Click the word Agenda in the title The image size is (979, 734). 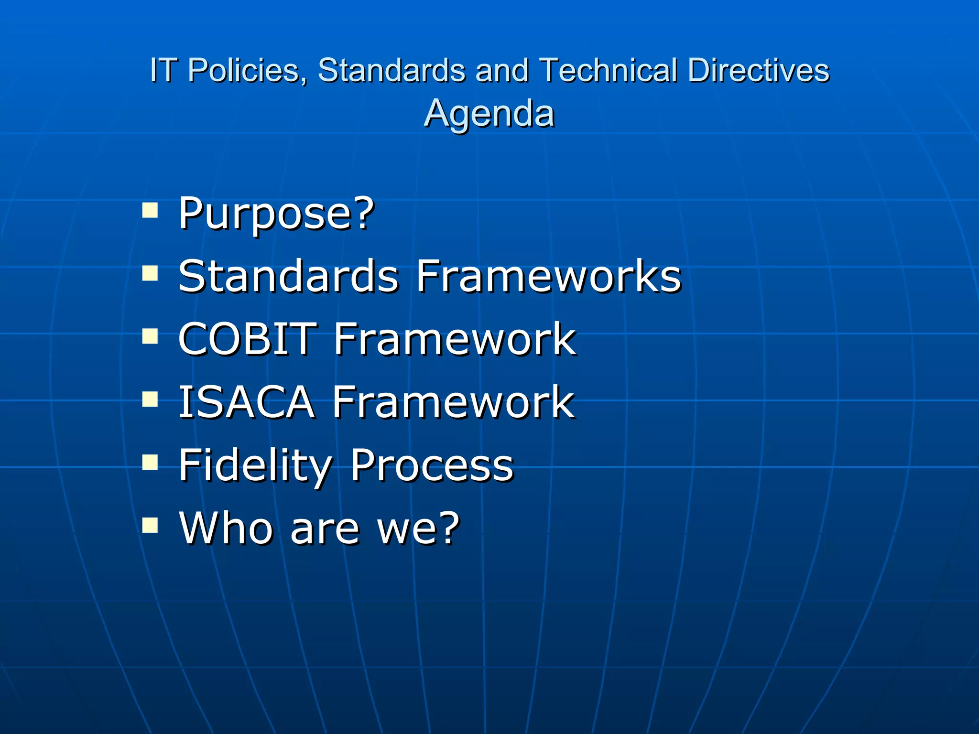coord(489,114)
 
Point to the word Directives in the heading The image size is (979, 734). coord(758,70)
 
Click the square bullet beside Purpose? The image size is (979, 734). coord(150,210)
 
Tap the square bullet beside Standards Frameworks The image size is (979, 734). coord(150,273)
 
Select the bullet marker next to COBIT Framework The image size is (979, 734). coord(150,336)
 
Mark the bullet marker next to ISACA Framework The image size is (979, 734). coord(150,399)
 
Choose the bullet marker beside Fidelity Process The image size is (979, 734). coord(150,463)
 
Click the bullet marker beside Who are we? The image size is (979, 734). coord(150,526)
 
